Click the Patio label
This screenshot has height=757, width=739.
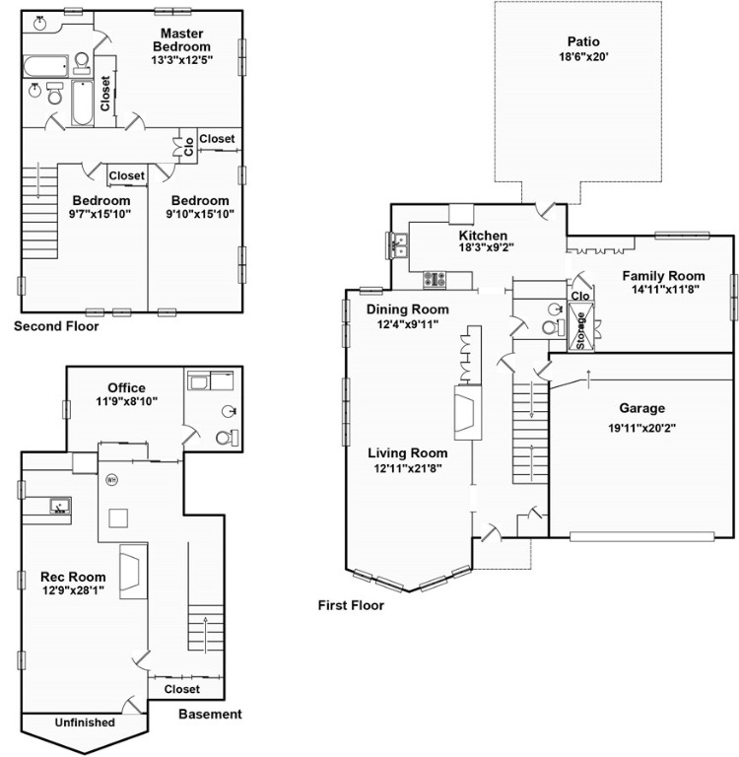click(583, 41)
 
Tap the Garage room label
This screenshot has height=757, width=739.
click(642, 408)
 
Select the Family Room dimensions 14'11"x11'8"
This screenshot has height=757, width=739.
click(666, 289)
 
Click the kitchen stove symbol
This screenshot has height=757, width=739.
click(435, 280)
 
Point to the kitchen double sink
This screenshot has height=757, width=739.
click(398, 245)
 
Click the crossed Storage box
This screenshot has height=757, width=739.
click(580, 326)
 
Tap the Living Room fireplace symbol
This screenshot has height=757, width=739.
click(467, 412)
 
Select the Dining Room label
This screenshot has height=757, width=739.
click(407, 310)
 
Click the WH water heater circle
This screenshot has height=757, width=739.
click(112, 480)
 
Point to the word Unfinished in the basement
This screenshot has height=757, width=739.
click(85, 723)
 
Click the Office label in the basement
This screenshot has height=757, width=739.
click(126, 387)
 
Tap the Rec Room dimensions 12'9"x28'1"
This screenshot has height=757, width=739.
click(73, 590)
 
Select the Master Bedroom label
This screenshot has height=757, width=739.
click(182, 40)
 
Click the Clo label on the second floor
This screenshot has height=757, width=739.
click(189, 147)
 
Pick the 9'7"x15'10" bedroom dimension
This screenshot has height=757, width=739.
click(101, 214)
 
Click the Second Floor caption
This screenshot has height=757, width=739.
click(56, 326)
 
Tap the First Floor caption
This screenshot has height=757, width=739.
click(351, 605)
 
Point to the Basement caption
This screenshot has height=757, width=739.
click(210, 714)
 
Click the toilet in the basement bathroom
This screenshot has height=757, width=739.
click(227, 438)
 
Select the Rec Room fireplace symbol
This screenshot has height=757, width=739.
click(133, 572)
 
